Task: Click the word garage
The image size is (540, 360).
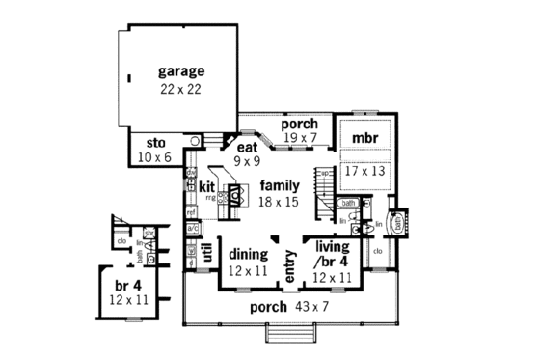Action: pyautogui.click(x=181, y=72)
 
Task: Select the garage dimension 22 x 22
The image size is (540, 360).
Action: pyautogui.click(x=181, y=89)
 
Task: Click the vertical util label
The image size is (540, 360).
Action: pyautogui.click(x=206, y=253)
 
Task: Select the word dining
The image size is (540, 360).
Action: pyautogui.click(x=249, y=254)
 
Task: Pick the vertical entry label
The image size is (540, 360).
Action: pyautogui.click(x=288, y=263)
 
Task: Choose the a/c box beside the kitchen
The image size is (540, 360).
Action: pyautogui.click(x=192, y=227)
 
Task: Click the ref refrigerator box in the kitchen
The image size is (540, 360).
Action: pyautogui.click(x=191, y=211)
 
